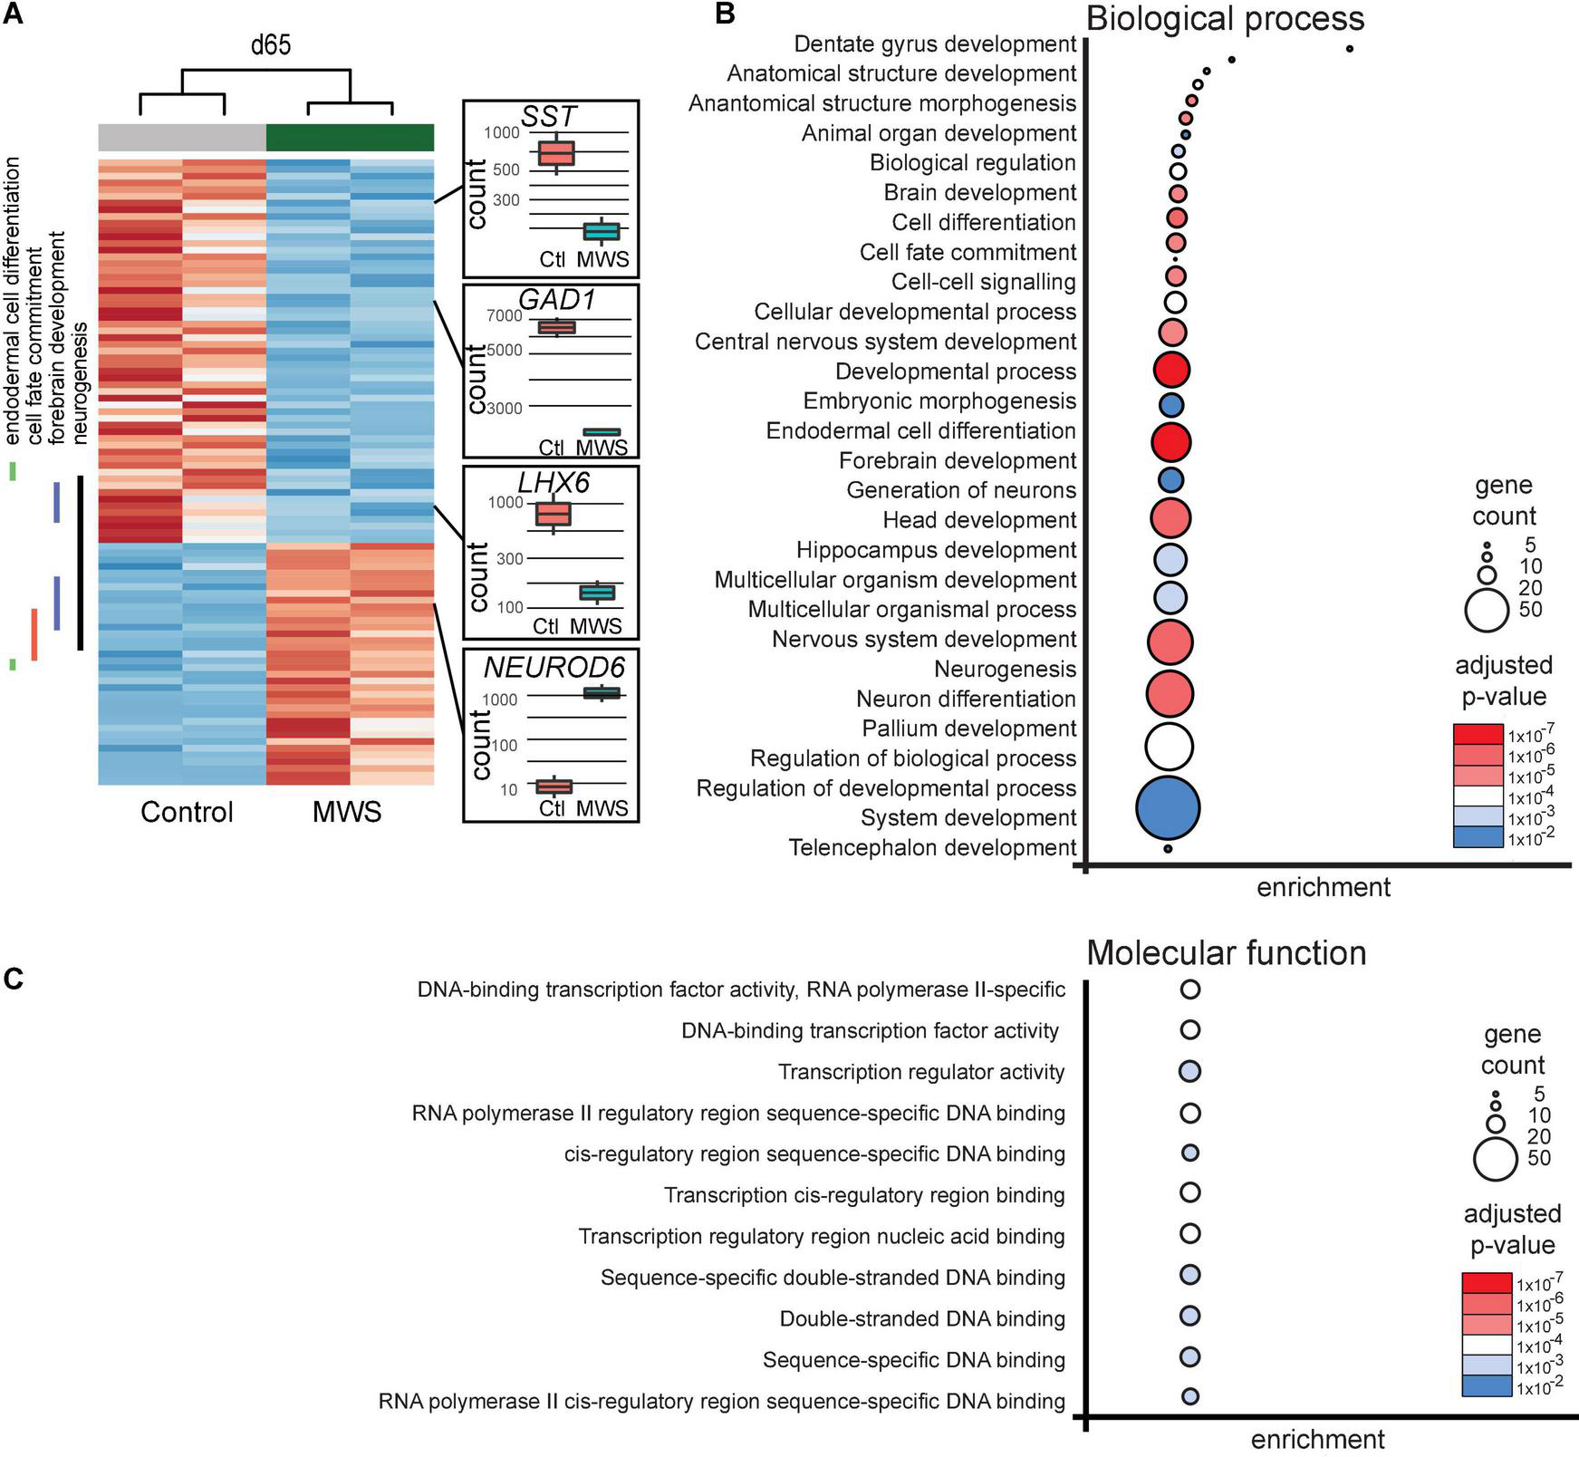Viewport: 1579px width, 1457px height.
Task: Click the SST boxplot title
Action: coord(549,116)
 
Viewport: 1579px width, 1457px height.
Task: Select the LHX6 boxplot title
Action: coord(553,483)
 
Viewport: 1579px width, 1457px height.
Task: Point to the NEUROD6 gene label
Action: coord(554,667)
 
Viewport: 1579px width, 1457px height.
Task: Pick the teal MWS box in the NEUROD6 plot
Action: coord(601,693)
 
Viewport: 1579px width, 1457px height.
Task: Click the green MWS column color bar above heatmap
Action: coord(350,137)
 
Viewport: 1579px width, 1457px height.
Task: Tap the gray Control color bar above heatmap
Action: coord(181,137)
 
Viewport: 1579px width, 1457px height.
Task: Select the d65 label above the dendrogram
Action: coord(270,43)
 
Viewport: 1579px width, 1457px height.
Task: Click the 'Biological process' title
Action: coord(1225,18)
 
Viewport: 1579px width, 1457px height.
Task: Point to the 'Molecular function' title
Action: coord(1226,952)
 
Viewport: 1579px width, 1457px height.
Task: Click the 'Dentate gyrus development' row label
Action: coord(934,43)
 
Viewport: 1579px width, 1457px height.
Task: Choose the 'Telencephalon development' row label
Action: coord(932,847)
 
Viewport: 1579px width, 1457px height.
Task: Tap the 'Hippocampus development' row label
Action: coord(936,550)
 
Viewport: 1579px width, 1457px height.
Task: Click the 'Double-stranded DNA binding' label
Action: coord(921,1318)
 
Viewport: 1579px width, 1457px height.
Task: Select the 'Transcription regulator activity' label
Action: coord(920,1072)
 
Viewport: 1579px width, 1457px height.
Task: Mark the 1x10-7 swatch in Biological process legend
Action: coord(1478,733)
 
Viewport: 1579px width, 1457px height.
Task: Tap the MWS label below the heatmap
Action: coord(347,811)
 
